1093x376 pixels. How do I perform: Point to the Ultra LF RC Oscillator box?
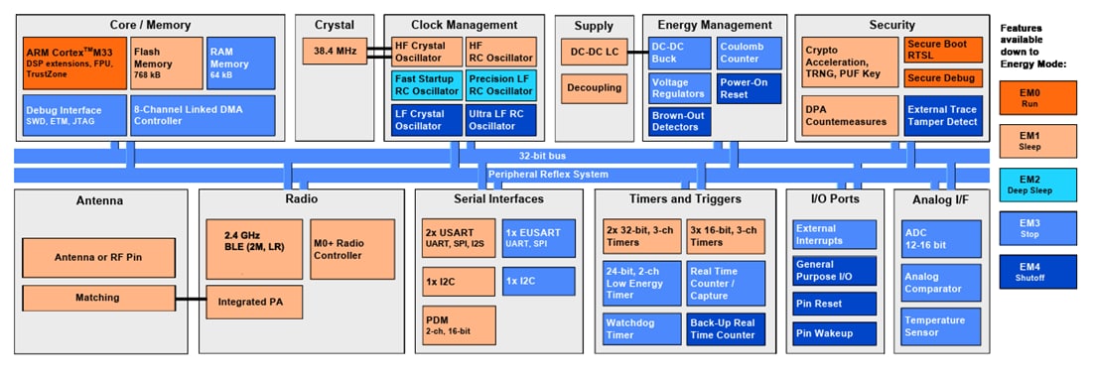tap(501, 119)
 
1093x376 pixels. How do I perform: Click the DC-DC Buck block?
tap(679, 52)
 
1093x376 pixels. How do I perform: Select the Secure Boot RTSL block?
tap(942, 50)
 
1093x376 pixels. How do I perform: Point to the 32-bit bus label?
tap(543, 156)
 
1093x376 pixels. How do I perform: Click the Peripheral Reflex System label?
tap(547, 175)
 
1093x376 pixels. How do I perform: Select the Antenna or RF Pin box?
tap(97, 257)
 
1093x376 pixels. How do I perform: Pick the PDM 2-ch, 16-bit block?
tap(459, 325)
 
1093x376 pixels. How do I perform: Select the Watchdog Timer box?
tap(641, 328)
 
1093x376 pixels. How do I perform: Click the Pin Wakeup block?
tap(834, 334)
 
